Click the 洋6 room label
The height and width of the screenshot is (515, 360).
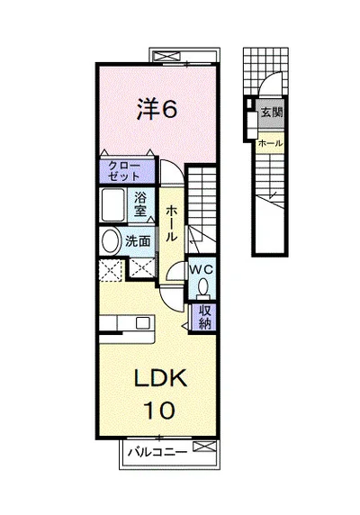click(157, 109)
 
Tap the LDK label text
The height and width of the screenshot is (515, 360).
click(160, 378)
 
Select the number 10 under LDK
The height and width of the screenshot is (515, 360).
click(158, 410)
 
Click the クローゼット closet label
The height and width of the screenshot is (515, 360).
click(124, 171)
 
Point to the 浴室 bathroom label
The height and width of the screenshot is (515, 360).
click(140, 204)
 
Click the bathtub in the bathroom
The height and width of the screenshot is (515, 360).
click(112, 205)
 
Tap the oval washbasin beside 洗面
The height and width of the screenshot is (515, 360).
click(112, 241)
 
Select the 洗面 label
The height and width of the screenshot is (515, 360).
click(138, 241)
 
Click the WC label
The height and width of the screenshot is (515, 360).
click(202, 270)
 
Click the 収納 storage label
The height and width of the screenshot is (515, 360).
click(204, 317)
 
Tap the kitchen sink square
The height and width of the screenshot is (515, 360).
click(143, 322)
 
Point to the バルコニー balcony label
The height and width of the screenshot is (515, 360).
click(157, 452)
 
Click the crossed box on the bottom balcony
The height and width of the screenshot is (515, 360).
click(204, 447)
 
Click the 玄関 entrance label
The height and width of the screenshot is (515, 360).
click(272, 113)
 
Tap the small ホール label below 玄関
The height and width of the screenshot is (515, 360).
click(270, 143)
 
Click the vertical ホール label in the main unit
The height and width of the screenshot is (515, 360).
click(171, 223)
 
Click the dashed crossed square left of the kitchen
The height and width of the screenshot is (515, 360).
click(111, 270)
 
